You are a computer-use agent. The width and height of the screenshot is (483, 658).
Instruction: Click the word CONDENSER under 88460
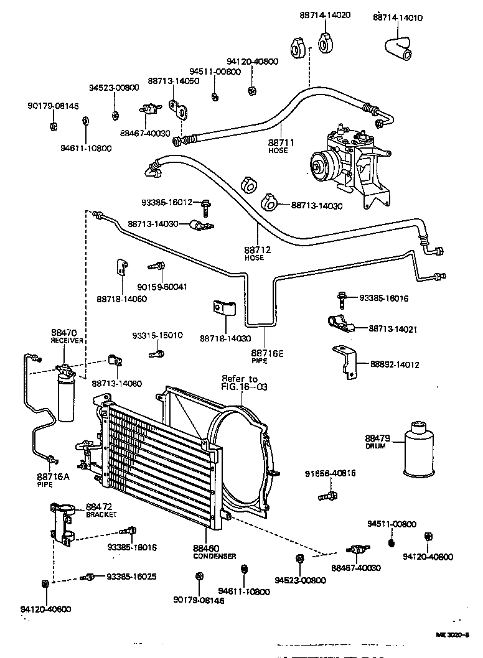[214, 556]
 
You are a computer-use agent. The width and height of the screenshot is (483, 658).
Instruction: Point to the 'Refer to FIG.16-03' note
[244, 382]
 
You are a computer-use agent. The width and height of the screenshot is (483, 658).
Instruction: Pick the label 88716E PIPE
[268, 356]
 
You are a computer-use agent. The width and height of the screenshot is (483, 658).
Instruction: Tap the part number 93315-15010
[157, 336]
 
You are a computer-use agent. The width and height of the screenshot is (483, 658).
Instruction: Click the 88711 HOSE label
[278, 147]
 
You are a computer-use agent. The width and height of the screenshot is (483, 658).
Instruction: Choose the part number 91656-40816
[331, 473]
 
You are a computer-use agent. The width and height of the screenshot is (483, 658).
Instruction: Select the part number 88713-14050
[173, 81]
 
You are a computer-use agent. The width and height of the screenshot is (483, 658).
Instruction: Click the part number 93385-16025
[131, 577]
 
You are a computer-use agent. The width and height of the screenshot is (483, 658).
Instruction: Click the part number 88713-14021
[393, 328]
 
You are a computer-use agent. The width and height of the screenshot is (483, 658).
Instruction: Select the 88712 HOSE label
[254, 253]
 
